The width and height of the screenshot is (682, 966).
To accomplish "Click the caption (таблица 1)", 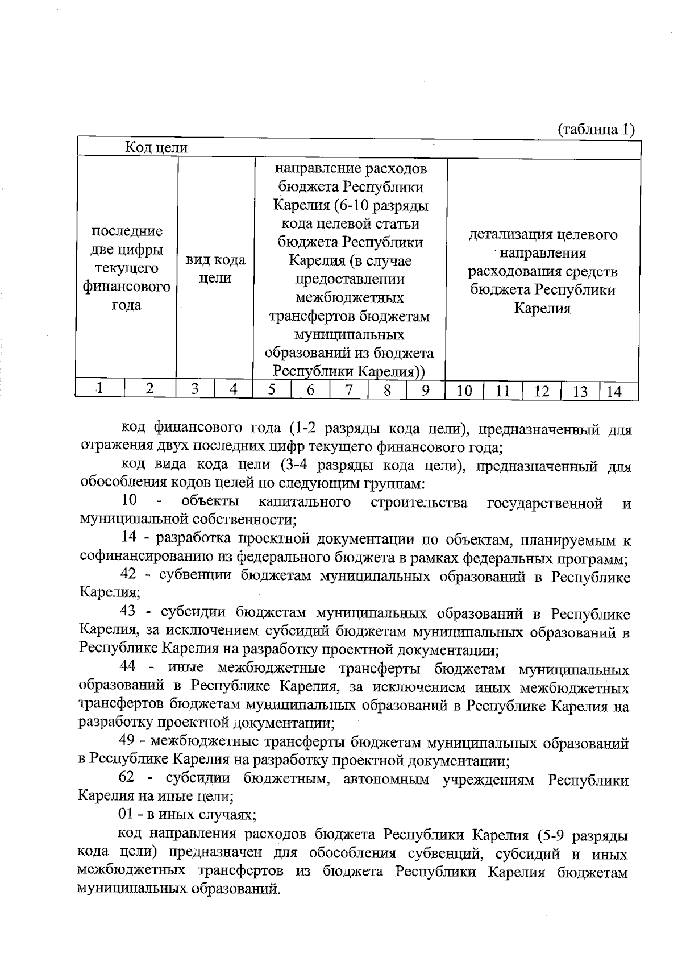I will (x=596, y=129).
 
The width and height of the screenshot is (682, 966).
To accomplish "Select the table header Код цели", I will (x=156, y=148).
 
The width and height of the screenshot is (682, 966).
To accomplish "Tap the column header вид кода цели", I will (x=215, y=269).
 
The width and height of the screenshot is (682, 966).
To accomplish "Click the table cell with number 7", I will (x=348, y=390).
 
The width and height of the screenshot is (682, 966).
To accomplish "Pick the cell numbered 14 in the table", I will (x=614, y=391).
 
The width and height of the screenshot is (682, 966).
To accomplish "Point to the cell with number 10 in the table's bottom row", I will (x=464, y=391).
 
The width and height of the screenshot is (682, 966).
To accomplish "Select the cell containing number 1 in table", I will (x=99, y=389).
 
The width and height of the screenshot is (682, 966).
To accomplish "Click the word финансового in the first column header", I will (x=127, y=287).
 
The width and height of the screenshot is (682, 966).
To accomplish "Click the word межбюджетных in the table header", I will (x=350, y=297).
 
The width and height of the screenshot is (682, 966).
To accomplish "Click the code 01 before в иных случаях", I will (x=126, y=814).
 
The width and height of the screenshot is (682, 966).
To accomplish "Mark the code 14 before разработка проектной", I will (x=130, y=538).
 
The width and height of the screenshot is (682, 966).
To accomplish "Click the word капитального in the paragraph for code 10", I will (x=304, y=502).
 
